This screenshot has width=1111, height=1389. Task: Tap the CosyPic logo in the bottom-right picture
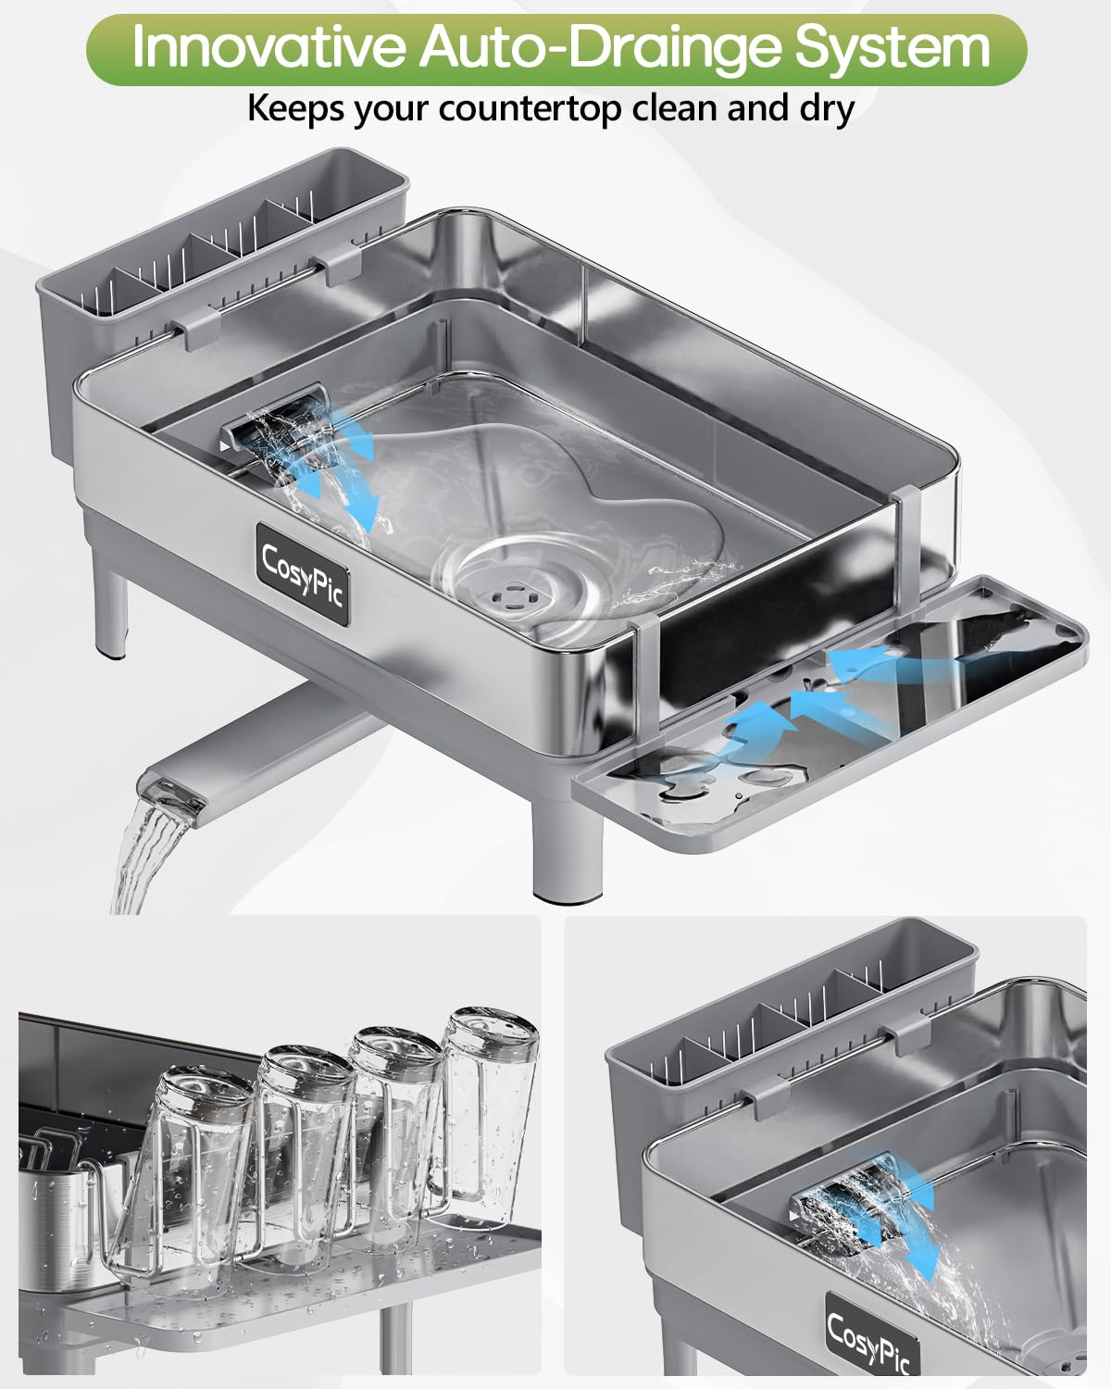[x=869, y=1339]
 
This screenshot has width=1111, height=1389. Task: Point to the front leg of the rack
[x=567, y=852]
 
